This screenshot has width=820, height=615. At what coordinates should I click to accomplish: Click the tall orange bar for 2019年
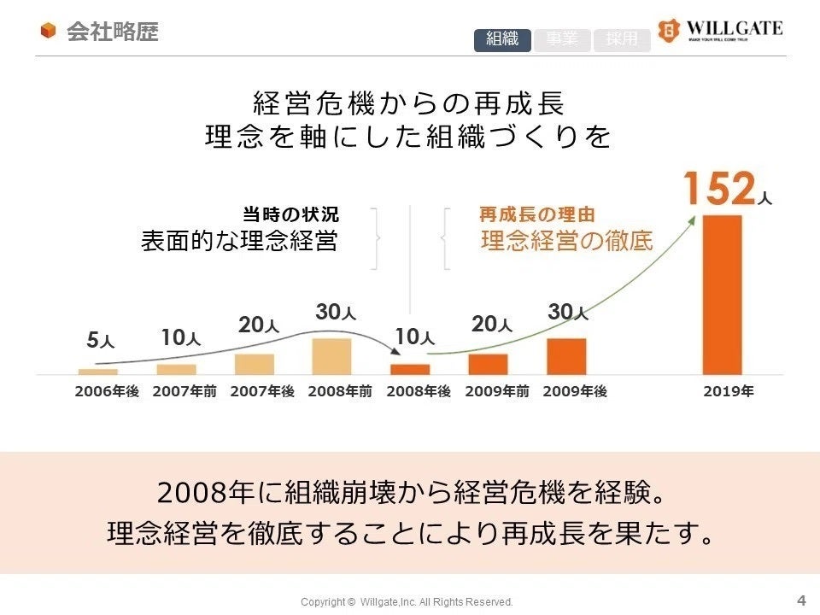[722, 294]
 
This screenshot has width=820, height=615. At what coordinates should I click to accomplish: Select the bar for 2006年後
[97, 372]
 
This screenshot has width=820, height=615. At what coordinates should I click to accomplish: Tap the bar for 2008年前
[331, 356]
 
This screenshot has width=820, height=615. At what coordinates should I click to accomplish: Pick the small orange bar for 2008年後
[410, 369]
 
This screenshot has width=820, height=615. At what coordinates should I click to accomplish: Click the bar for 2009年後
[566, 356]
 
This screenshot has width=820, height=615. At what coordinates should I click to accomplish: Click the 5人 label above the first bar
[100, 341]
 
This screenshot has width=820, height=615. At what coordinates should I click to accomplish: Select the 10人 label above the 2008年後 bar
[414, 337]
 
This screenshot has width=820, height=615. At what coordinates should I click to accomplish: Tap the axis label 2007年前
[184, 392]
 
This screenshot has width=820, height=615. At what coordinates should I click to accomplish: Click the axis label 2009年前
[497, 392]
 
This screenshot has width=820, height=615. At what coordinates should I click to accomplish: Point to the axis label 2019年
[728, 392]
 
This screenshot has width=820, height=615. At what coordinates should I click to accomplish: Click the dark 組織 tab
[502, 39]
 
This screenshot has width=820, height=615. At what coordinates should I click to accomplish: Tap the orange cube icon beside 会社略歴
[49, 32]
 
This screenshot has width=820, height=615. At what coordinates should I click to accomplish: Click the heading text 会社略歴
[112, 32]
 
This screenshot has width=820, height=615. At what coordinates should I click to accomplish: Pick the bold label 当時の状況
[290, 214]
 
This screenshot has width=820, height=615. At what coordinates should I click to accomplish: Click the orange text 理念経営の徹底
[566, 241]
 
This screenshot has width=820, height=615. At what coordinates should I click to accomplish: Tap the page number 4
[800, 599]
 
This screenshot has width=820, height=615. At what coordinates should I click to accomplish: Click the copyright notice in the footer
[407, 602]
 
